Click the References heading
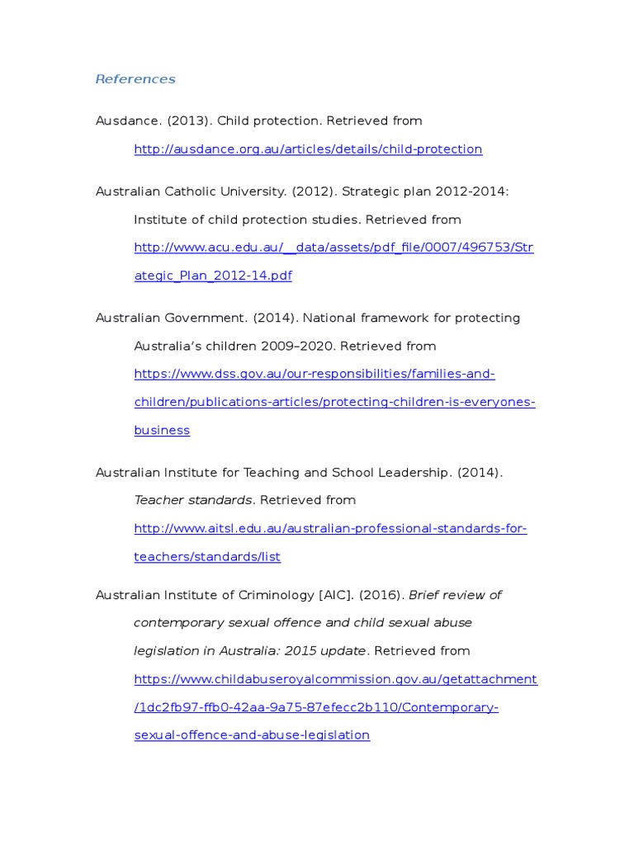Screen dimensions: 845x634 click(135, 79)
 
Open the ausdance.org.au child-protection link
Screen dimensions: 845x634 click(308, 149)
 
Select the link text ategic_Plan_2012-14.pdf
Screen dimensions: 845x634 click(213, 276)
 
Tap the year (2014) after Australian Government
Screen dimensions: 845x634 click(272, 318)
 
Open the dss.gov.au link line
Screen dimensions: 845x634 click(315, 374)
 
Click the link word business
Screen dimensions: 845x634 click(162, 430)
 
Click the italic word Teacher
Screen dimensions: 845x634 click(158, 500)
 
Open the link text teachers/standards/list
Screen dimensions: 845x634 click(207, 557)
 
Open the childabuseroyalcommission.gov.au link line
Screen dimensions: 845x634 click(335, 679)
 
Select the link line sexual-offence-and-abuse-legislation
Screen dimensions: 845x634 click(252, 735)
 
